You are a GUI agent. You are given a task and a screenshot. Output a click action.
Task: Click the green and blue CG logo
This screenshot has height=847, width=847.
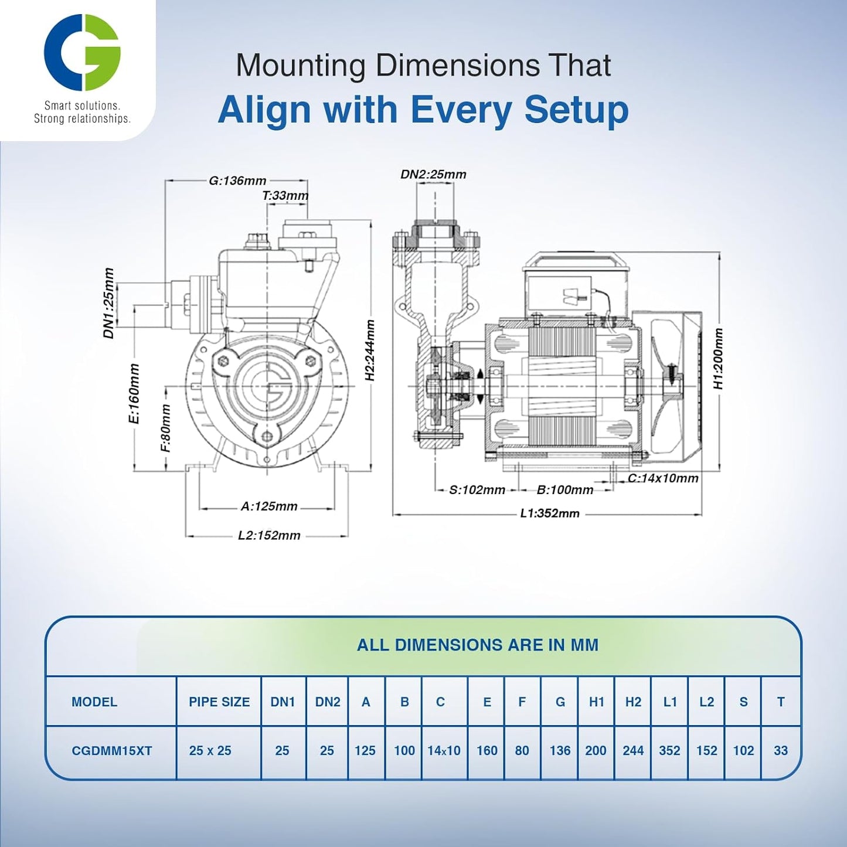click(x=82, y=52)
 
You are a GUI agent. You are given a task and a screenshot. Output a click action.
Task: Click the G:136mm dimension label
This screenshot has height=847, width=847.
click(x=237, y=181)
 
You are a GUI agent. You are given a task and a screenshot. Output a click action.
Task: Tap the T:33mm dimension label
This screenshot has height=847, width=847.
click(x=285, y=196)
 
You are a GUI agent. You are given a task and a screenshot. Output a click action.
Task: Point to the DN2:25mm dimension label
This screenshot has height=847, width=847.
click(x=433, y=174)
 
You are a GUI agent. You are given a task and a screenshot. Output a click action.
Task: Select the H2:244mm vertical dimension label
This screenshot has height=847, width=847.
click(x=370, y=350)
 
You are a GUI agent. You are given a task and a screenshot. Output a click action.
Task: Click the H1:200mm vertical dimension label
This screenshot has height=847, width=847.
click(x=718, y=359)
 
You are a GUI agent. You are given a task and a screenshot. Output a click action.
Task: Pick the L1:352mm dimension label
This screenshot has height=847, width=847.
click(x=550, y=513)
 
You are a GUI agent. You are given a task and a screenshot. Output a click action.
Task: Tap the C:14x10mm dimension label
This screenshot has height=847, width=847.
click(x=663, y=478)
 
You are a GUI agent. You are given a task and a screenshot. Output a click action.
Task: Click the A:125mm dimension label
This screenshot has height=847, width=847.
click(x=269, y=506)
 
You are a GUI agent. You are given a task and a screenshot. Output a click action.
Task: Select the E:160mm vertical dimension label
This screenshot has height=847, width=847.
click(x=134, y=393)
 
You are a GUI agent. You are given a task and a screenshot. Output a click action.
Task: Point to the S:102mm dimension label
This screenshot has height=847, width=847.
click(x=477, y=490)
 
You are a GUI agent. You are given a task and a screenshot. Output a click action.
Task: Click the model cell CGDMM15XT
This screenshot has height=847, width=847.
click(x=111, y=751)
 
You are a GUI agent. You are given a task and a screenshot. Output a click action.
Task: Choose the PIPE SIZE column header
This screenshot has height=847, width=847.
click(x=219, y=702)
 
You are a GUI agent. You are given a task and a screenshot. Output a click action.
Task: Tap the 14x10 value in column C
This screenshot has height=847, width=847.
click(x=444, y=751)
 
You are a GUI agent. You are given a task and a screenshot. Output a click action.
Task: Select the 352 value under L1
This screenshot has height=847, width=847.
click(x=669, y=751)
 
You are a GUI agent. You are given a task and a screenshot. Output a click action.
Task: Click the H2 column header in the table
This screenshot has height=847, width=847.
click(x=633, y=702)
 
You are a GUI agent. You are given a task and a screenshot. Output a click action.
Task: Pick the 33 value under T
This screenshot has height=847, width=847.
click(x=780, y=751)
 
